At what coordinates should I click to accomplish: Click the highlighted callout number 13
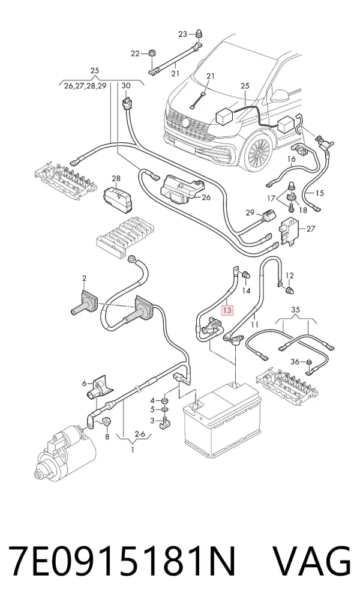click(227, 310)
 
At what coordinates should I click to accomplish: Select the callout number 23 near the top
click(183, 34)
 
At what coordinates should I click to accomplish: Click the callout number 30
click(126, 86)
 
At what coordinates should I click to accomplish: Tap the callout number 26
click(206, 197)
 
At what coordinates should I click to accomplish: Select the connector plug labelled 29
click(268, 215)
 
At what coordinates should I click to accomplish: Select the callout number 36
click(295, 362)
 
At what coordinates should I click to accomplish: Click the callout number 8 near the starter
click(107, 437)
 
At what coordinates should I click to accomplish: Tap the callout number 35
click(296, 310)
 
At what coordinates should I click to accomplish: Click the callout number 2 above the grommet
click(84, 278)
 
